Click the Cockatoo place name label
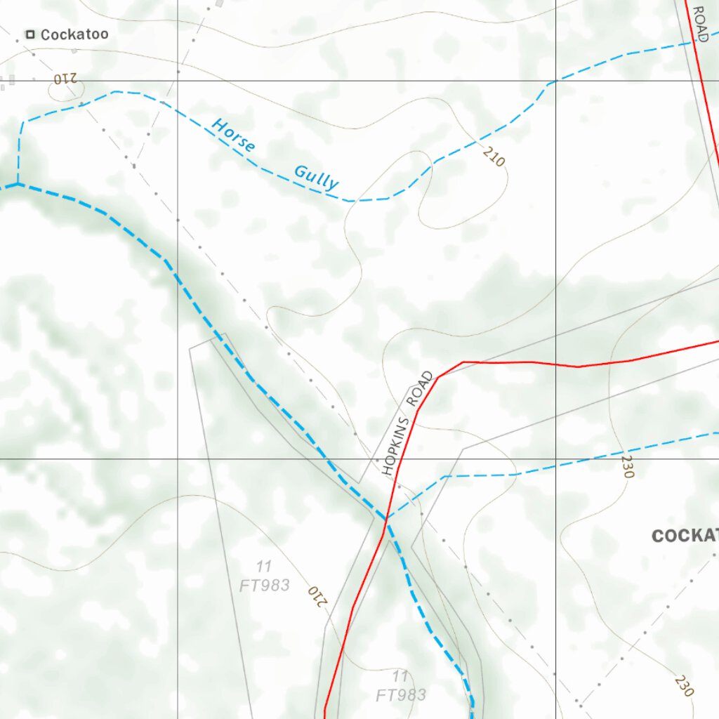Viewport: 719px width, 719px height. pyautogui.click(x=74, y=34)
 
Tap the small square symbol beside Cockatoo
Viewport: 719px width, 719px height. pyautogui.click(x=30, y=34)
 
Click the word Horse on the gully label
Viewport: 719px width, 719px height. pyautogui.click(x=234, y=135)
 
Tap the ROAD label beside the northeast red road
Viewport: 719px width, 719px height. pyautogui.click(x=699, y=23)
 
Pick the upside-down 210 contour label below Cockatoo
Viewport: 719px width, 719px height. pyautogui.click(x=64, y=79)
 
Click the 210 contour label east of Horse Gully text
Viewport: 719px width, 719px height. pyautogui.click(x=494, y=157)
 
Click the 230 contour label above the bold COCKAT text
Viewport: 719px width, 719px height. pyautogui.click(x=627, y=466)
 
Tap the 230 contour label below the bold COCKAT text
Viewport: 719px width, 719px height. pyautogui.click(x=684, y=685)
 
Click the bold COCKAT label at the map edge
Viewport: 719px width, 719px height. pyautogui.click(x=685, y=536)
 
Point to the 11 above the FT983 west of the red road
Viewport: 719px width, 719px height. pyautogui.click(x=264, y=566)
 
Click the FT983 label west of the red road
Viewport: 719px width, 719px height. pyautogui.click(x=264, y=585)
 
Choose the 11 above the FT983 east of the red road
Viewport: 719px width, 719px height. pyautogui.click(x=400, y=676)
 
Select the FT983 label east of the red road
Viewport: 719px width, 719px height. pyautogui.click(x=401, y=695)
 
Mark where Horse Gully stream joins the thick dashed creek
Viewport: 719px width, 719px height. pyautogui.click(x=17, y=185)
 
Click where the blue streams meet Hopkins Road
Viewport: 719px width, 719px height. pyautogui.click(x=385, y=520)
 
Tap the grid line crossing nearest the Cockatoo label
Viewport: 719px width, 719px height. pyautogui.click(x=178, y=81)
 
